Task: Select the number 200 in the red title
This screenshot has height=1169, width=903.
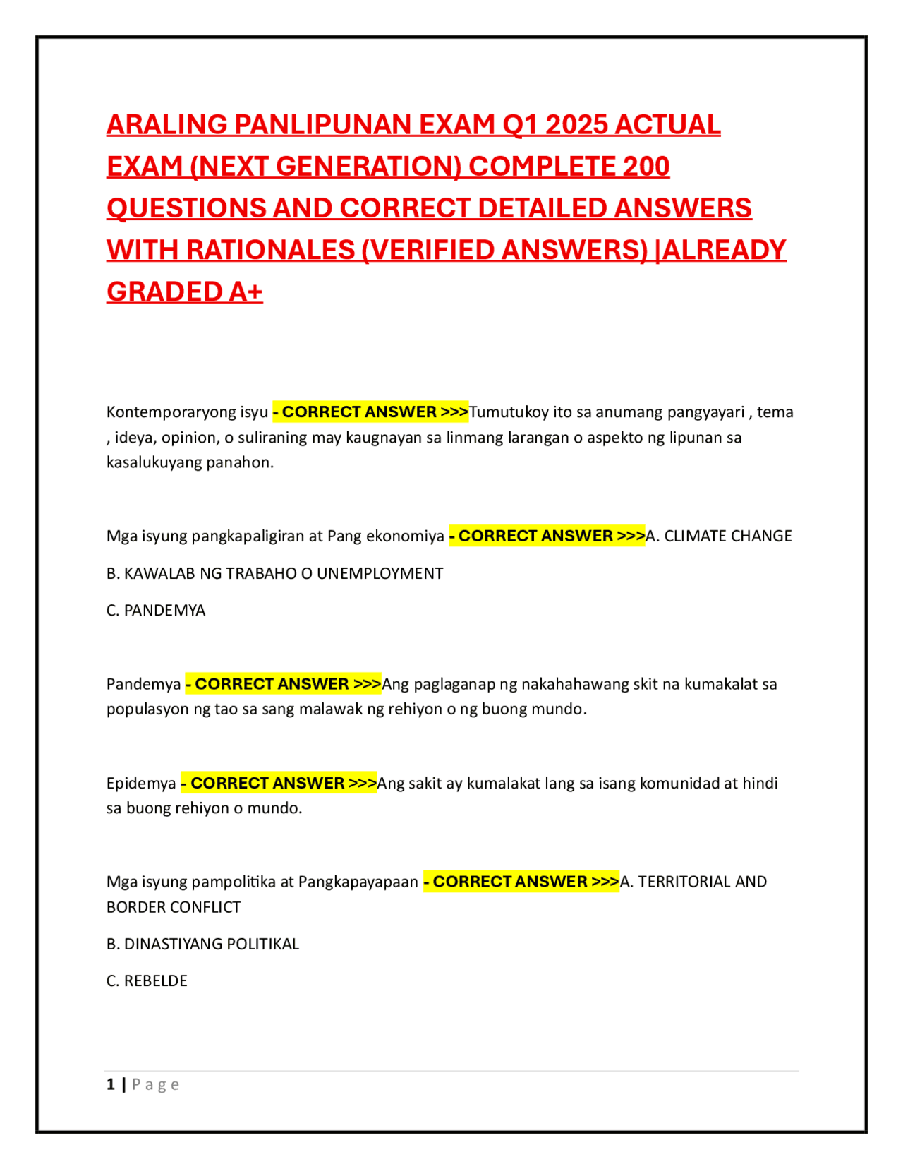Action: (646, 167)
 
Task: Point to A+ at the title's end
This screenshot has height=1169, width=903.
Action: (245, 292)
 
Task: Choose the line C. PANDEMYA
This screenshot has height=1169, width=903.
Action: (156, 611)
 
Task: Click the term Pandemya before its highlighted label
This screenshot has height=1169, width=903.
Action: (144, 684)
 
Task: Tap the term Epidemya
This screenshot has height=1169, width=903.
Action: (141, 784)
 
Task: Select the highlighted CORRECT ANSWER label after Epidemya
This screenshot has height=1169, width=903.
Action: (279, 784)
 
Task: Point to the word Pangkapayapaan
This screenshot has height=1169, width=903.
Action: (358, 882)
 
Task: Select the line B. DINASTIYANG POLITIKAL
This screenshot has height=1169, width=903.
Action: (202, 945)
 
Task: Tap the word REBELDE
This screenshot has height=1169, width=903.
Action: (156, 981)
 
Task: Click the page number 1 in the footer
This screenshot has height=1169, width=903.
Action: (111, 1085)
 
